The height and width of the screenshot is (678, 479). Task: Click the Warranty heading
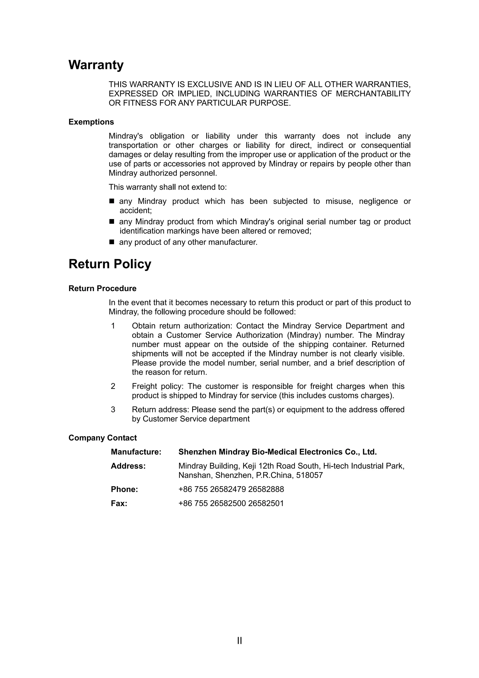point(96,65)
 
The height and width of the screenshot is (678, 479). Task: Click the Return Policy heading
point(110,264)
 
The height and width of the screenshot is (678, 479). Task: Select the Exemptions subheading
point(91,122)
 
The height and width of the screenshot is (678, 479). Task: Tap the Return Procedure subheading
point(102,288)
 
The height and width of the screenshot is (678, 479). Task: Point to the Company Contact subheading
point(102,438)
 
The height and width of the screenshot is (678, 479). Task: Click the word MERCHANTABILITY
point(373,94)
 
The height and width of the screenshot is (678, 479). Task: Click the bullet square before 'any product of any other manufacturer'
point(112,242)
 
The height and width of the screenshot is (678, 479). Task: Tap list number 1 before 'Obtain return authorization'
point(113,326)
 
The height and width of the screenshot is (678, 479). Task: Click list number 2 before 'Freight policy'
point(113,386)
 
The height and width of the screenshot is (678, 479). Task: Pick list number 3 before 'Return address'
point(113,410)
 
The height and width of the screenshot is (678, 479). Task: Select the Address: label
point(128,466)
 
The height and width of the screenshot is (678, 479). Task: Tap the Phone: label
point(124,489)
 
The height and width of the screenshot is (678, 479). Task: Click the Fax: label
point(119,503)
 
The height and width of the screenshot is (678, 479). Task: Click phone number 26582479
point(228,489)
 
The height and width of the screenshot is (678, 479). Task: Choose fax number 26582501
point(266,503)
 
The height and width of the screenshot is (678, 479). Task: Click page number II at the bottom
point(239,641)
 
